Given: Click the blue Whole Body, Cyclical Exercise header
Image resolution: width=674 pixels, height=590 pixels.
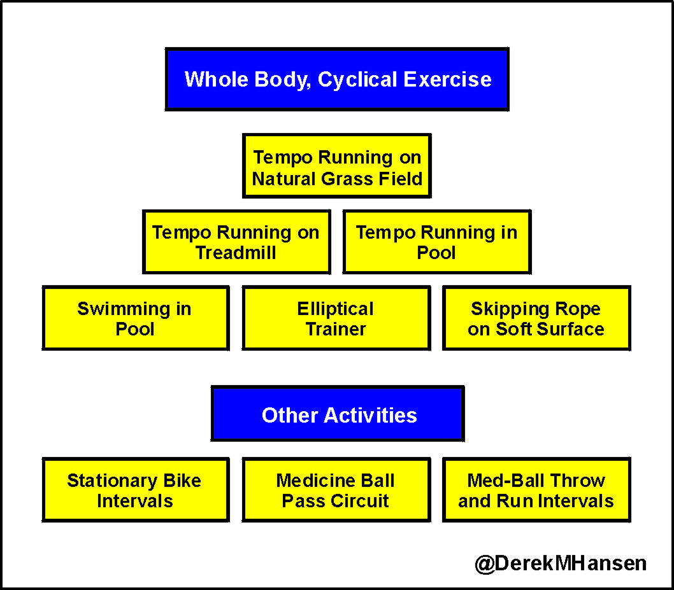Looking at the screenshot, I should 337,79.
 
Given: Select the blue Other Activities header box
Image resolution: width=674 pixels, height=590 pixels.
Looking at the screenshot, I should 338,414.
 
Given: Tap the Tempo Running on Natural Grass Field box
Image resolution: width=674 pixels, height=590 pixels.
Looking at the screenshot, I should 337,167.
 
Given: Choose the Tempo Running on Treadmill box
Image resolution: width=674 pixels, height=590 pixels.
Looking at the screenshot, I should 236,242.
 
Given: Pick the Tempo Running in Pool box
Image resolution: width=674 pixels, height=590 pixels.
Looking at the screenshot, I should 436,242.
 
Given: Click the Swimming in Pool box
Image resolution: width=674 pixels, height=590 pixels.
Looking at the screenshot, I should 135,318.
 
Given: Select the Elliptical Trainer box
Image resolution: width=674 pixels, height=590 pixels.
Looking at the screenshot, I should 336,318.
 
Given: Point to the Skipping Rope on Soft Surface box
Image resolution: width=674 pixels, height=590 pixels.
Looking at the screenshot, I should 536,318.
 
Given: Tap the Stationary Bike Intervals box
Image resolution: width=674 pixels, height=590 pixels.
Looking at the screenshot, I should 135,489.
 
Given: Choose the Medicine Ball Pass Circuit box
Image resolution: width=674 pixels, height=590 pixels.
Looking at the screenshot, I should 336,489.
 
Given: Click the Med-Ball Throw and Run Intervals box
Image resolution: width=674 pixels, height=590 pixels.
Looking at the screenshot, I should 536,489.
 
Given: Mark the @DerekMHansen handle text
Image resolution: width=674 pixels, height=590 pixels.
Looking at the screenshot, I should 561,563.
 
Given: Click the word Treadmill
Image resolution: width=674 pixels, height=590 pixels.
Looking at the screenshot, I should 236,253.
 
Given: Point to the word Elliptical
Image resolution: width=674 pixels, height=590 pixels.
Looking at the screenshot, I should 336,309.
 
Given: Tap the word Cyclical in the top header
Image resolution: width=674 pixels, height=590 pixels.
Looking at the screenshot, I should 358,80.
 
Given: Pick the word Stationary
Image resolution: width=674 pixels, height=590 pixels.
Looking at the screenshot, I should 106,481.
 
